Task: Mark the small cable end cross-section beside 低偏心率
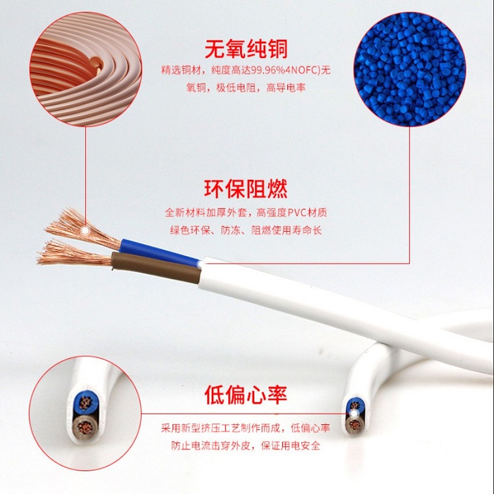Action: click(354, 414)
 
